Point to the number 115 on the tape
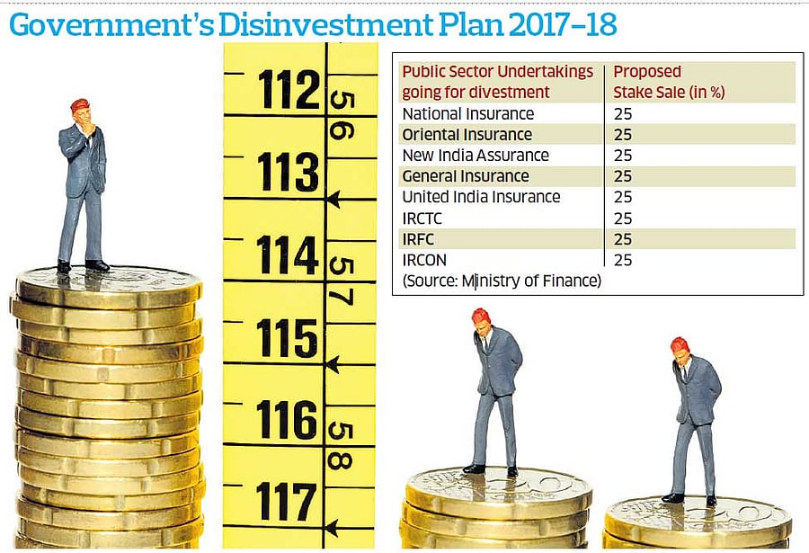click(x=288, y=339)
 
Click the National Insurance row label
click(x=467, y=114)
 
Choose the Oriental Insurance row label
click(x=467, y=135)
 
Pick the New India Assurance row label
click(x=475, y=156)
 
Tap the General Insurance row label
click(x=465, y=176)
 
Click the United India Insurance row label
click(x=481, y=197)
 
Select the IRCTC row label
click(x=423, y=219)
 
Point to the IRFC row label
click(x=419, y=239)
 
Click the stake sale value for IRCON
click(x=623, y=260)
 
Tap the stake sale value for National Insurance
click(x=623, y=114)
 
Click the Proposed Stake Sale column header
click(x=669, y=81)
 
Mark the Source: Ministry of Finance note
click(x=501, y=281)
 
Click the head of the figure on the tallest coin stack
click(x=81, y=111)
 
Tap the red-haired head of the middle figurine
click(x=482, y=320)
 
